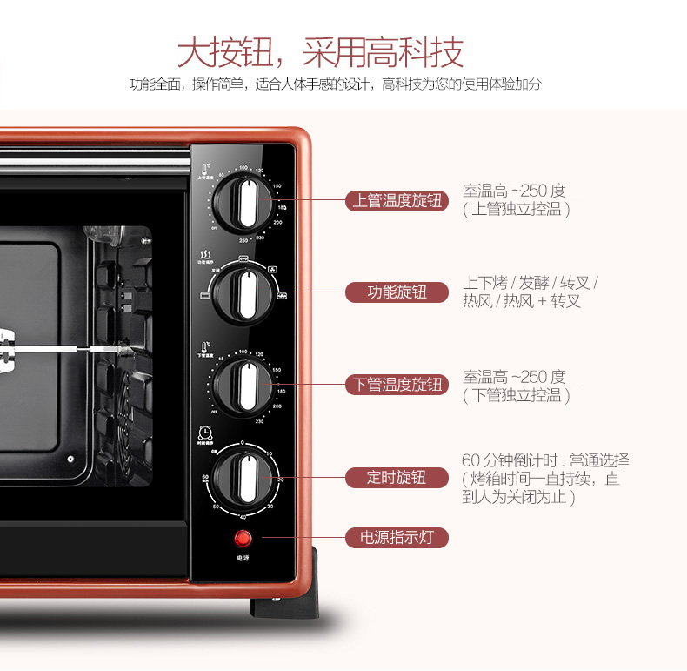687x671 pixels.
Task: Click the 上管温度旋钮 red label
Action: [397, 201]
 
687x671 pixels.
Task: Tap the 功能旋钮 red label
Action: [397, 292]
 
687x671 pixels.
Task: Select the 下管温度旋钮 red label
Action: [397, 384]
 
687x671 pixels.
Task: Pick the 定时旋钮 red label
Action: [397, 477]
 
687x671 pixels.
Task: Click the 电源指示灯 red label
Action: [397, 537]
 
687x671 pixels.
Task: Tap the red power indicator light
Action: [243, 538]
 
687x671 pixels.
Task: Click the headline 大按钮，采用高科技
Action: [321, 52]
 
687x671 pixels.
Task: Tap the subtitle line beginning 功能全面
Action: [336, 84]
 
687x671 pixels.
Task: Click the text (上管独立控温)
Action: [517, 210]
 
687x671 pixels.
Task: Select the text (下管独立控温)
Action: [517, 395]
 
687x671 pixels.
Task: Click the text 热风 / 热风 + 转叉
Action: [521, 301]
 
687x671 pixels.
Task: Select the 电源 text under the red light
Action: [243, 558]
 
